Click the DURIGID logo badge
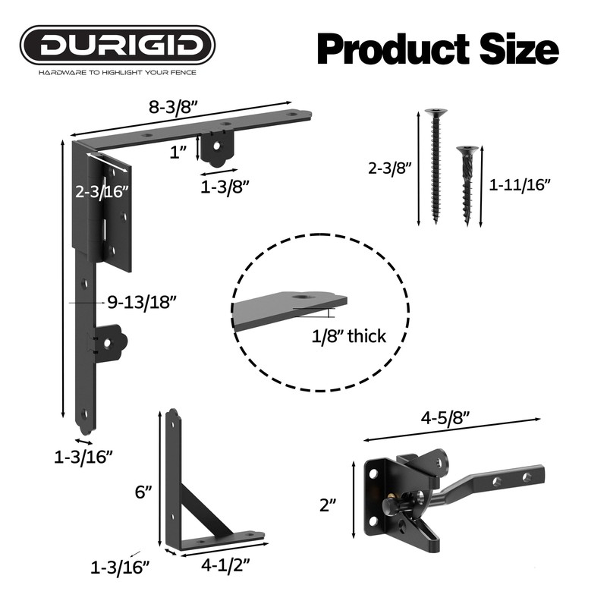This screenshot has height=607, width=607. (118, 45)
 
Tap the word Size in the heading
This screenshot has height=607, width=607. (519, 49)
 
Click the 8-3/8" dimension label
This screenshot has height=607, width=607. (173, 107)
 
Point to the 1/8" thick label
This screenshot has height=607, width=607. (349, 336)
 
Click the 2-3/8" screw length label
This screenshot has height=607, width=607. (388, 168)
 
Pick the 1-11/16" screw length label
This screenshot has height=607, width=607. (520, 184)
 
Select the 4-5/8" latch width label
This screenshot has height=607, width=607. (445, 418)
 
